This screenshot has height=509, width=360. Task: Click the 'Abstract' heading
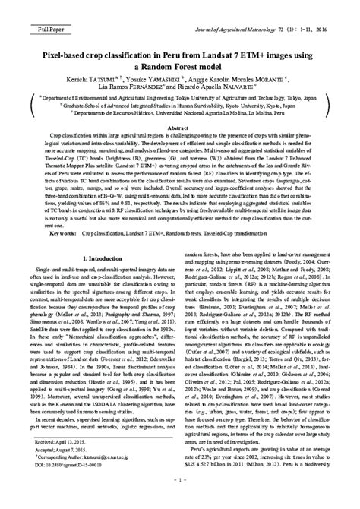[180, 128]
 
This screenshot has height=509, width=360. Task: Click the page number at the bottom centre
[179, 501]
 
